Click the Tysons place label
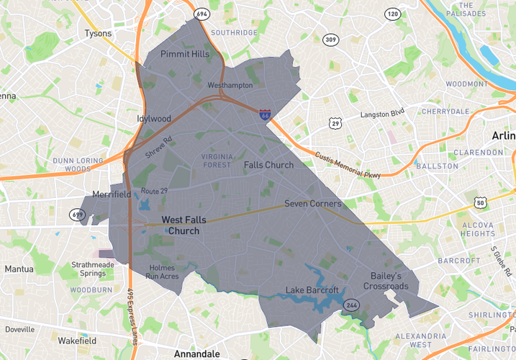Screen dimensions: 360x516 (99, 33)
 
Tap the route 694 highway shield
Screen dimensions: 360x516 (201, 14)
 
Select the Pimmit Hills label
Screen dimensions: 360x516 (185, 54)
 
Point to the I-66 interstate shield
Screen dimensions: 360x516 (266, 113)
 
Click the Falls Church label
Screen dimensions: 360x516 (268, 165)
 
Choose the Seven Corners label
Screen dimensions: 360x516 (312, 204)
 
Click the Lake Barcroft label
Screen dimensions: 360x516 (312, 290)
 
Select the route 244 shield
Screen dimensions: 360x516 (351, 305)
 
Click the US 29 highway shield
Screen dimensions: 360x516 (335, 124)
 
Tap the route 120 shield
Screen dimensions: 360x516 (392, 14)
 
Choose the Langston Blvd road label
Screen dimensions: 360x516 (382, 113)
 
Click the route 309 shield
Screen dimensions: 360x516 (330, 40)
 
